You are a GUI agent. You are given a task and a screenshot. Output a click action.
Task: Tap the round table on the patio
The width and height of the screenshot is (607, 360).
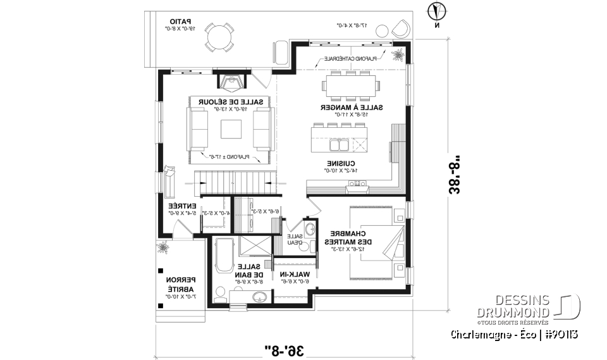219,37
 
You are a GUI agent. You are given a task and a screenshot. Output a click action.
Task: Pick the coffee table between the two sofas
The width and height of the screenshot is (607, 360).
231,128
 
